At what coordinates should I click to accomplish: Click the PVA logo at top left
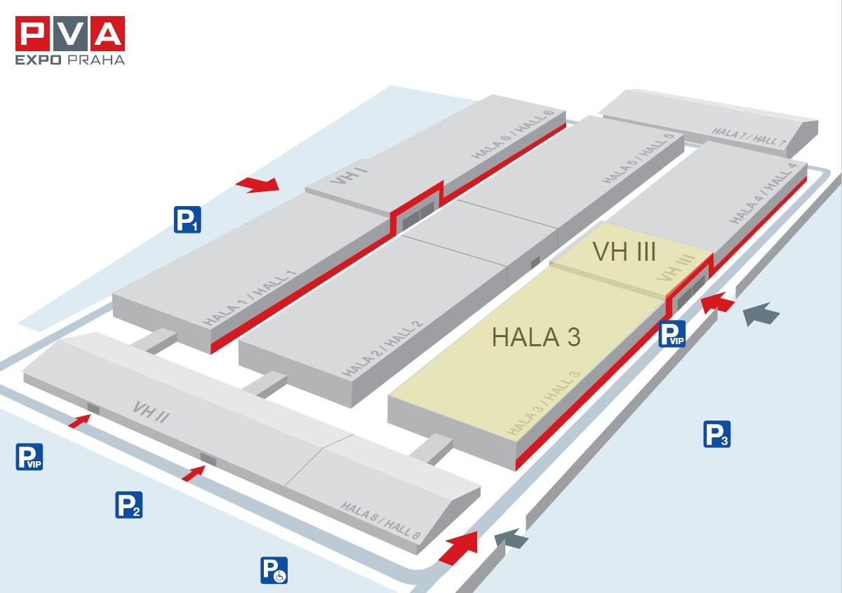pos(70,40)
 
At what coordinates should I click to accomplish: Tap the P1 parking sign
pos(187,219)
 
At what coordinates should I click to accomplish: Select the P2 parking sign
pos(128,505)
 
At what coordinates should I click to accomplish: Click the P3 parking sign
pos(717,434)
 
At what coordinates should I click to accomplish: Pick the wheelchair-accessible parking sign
pos(274,570)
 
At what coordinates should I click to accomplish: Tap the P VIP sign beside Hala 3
pos(671,334)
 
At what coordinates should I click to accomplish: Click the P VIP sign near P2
pos(29,457)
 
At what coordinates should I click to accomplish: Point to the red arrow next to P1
pos(258,185)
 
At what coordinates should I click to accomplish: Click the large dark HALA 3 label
pos(536,337)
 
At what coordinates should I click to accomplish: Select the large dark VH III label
pos(624,251)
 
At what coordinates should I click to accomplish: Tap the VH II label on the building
pos(151,412)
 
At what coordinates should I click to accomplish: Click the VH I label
pos(349,175)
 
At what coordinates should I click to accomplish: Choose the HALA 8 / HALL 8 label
pos(380,521)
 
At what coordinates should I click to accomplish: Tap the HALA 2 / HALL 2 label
pos(382,349)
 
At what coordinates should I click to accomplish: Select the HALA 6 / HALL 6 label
pos(513,134)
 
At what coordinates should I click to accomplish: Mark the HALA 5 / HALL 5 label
pos(638,158)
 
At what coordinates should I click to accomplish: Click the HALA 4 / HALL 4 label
pos(763,193)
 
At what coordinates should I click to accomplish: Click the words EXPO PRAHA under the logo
pos(70,60)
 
